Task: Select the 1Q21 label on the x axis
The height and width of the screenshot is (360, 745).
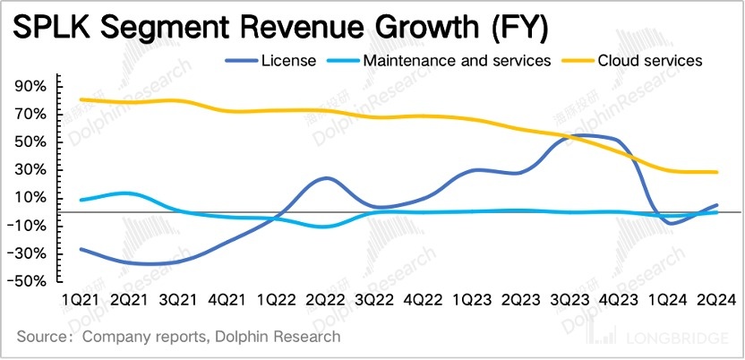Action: point(82,299)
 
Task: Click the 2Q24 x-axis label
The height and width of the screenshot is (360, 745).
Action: point(716,299)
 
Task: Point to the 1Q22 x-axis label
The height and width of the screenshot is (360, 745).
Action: point(278,299)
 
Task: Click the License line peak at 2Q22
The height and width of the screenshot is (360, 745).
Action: point(326,178)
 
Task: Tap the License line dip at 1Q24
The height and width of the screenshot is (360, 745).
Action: point(670,222)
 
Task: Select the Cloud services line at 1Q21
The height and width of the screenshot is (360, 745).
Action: point(81,99)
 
